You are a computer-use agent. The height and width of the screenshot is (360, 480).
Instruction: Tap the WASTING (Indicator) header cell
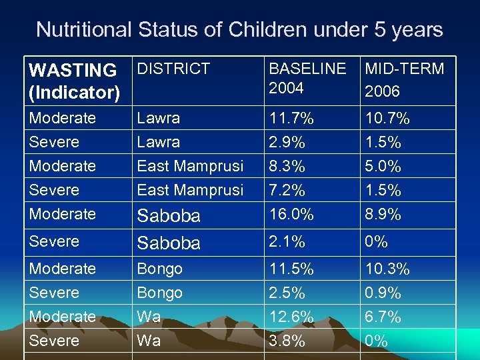73,81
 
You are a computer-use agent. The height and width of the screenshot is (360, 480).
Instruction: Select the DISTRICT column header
173,69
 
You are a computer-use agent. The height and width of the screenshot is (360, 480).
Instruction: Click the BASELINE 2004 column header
307,78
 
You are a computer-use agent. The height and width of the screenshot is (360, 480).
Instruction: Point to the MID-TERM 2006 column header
403,79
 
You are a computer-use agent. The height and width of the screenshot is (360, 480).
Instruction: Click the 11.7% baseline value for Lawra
291,119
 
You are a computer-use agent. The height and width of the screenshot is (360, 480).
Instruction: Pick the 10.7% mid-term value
387,119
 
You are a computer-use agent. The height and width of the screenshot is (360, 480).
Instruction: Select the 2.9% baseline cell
287,143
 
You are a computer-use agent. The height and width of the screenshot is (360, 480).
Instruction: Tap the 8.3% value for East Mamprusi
287,166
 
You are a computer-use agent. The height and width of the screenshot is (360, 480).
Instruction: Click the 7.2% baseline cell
287,190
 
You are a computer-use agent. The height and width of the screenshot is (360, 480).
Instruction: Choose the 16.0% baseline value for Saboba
291,214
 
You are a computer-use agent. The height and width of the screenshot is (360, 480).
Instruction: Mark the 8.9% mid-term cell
383,214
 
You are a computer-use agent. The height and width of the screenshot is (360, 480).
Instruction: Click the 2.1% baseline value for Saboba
287,241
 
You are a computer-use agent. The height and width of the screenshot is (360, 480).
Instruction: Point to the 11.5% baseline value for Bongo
291,269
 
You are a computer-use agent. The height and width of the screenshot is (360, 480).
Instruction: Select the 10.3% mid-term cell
387,269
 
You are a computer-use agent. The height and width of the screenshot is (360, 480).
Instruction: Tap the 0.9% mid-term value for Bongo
383,293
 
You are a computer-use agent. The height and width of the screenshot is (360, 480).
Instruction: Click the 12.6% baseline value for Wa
291,317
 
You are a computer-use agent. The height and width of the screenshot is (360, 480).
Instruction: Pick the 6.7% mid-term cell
383,317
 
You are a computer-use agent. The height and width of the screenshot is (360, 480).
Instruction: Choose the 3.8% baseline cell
287,341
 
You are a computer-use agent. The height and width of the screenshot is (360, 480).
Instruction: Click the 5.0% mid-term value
383,166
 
